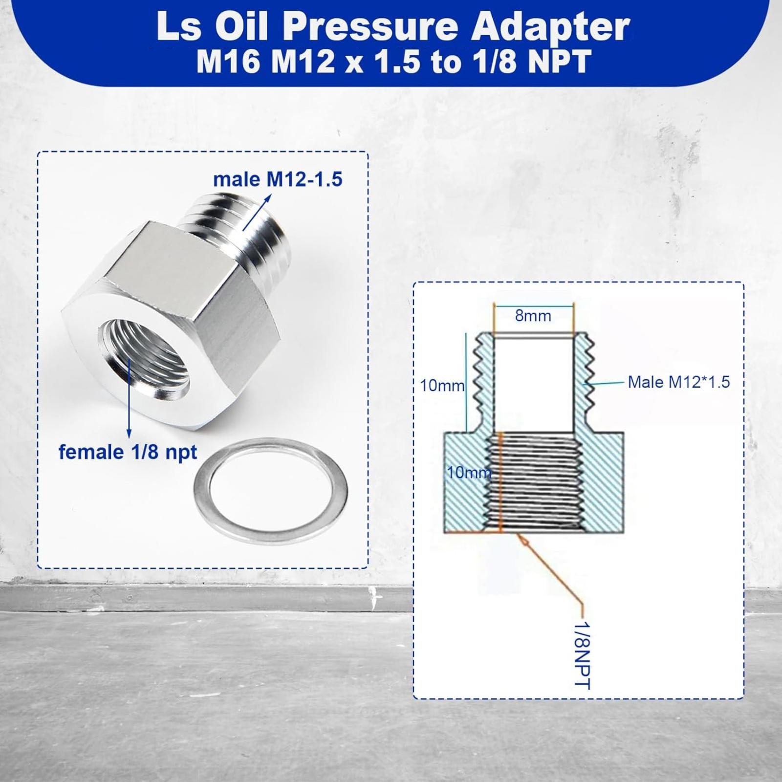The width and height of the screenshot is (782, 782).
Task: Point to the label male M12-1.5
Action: (278, 179)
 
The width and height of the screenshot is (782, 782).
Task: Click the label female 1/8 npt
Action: (128, 452)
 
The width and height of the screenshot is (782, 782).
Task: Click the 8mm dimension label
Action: (533, 316)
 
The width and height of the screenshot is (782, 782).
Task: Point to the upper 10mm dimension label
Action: (442, 386)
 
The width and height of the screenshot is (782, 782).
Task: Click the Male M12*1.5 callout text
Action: (679, 382)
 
